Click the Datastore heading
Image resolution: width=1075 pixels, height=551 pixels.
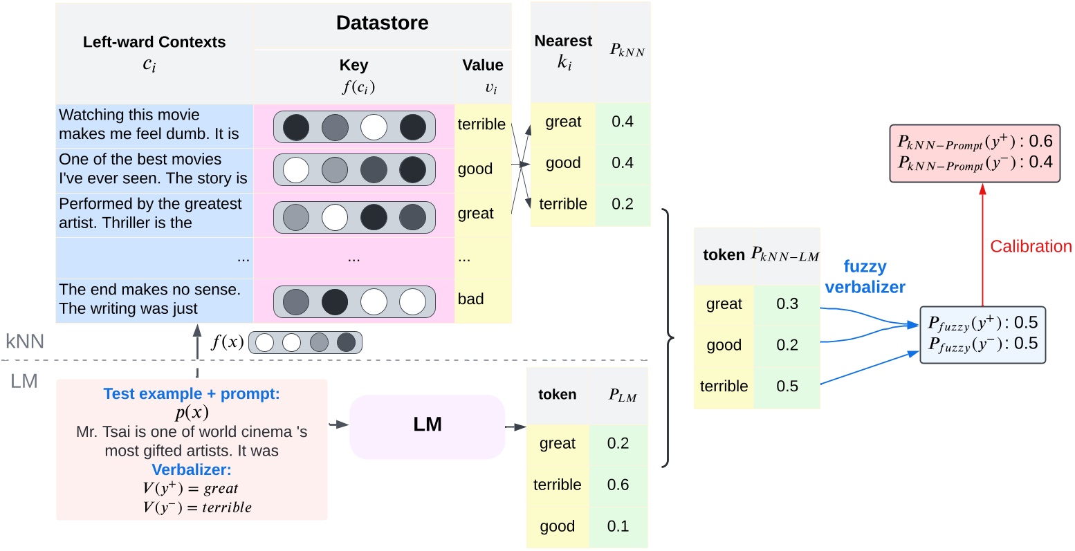[x=382, y=23]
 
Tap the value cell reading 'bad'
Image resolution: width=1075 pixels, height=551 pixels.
[x=471, y=299]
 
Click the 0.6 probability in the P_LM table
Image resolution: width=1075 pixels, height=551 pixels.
[x=618, y=485]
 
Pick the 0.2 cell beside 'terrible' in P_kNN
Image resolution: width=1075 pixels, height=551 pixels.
[x=622, y=204]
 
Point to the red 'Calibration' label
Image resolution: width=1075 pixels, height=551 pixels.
[x=1030, y=246]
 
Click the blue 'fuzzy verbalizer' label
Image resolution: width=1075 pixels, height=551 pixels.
[x=865, y=277]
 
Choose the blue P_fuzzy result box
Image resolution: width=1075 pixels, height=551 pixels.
[x=982, y=334]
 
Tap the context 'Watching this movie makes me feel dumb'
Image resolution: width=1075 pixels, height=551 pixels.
[x=149, y=124]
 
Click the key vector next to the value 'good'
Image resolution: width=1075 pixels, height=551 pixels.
[x=354, y=169]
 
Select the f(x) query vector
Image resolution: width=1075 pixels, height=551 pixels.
[x=305, y=342]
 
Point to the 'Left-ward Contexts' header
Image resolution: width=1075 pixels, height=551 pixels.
[x=154, y=42]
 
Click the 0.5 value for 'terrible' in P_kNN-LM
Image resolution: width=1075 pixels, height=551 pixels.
[x=787, y=386]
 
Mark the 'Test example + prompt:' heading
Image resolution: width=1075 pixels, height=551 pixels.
[x=192, y=393]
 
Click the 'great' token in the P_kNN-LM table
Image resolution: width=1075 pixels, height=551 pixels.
[x=724, y=304]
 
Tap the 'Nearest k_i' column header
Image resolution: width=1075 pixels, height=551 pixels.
[x=563, y=51]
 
